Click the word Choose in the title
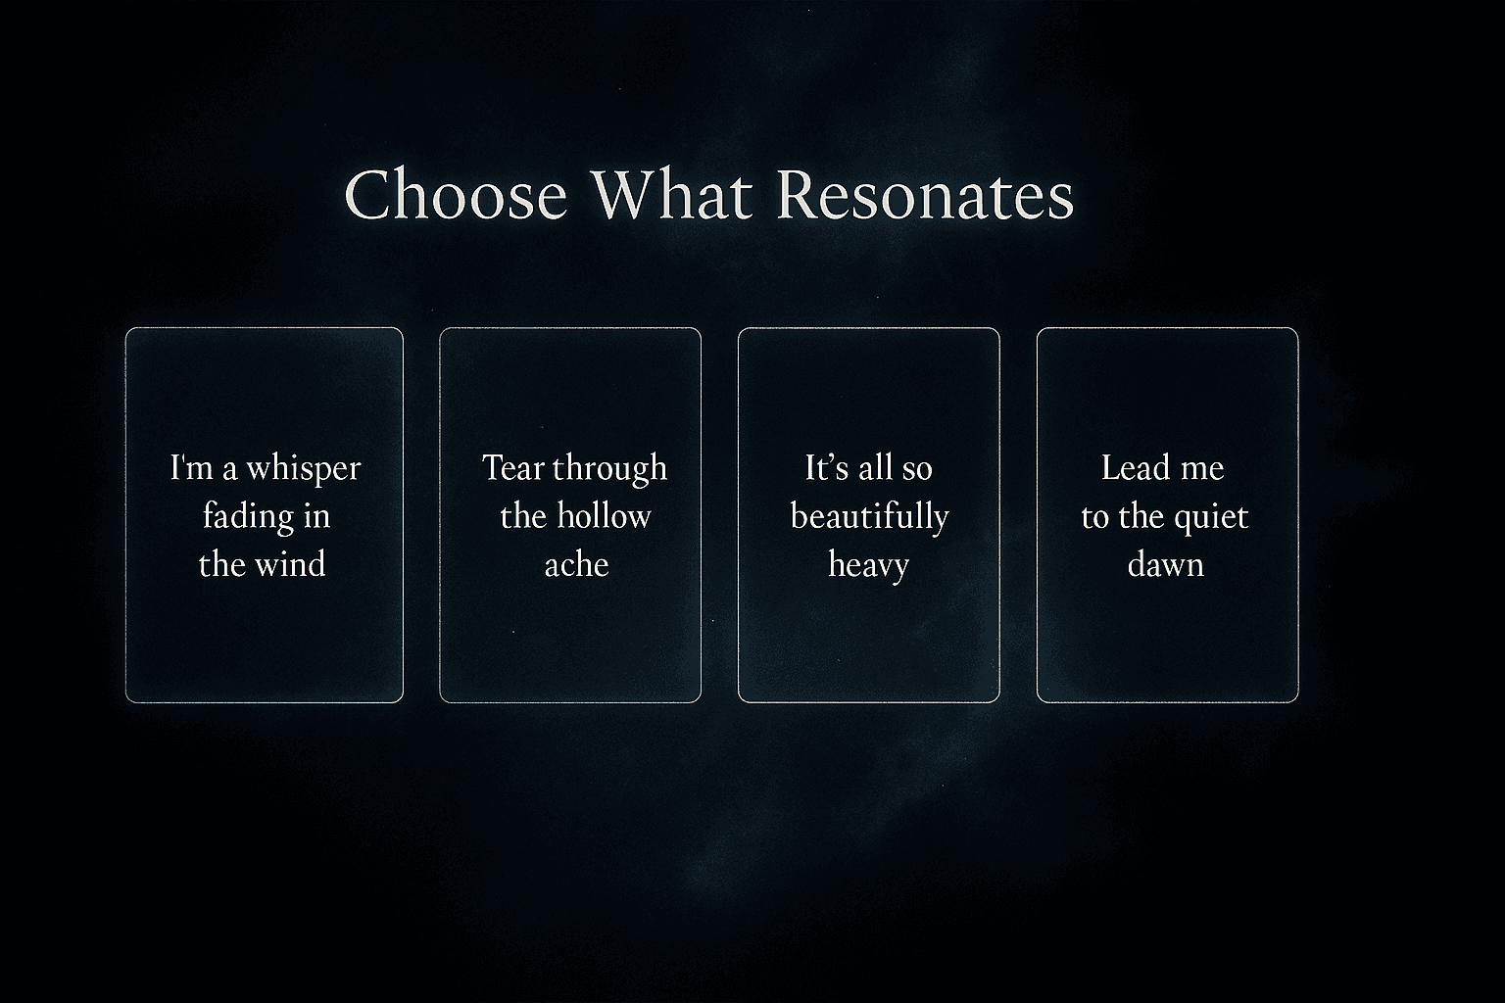(456, 195)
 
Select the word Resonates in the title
(925, 195)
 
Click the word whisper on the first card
(304, 469)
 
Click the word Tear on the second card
(511, 467)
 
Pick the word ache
(576, 564)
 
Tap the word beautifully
(869, 517)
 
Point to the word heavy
(868, 565)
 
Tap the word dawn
(1165, 564)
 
